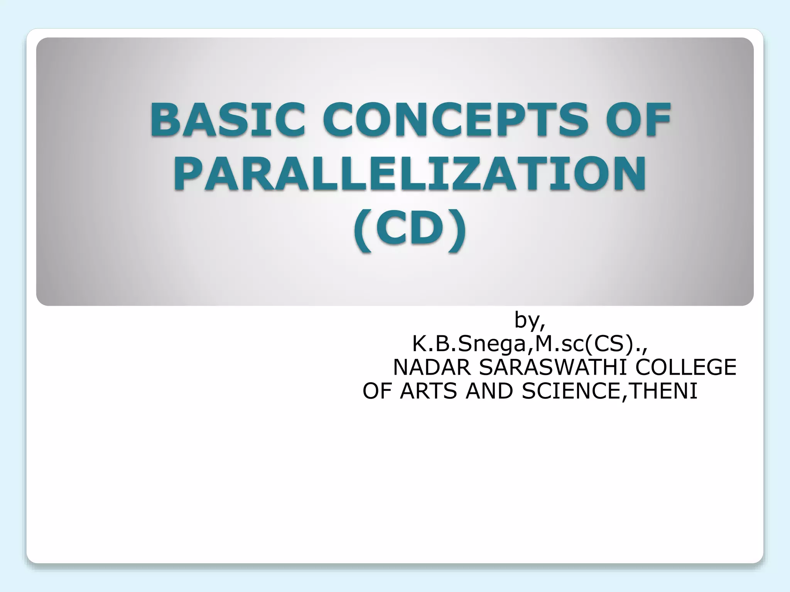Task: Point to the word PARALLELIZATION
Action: [410, 174]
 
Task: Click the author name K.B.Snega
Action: [469, 344]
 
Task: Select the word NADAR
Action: [432, 367]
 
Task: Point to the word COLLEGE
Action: [685, 367]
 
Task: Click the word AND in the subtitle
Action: [490, 391]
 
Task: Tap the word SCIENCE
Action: [571, 391]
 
